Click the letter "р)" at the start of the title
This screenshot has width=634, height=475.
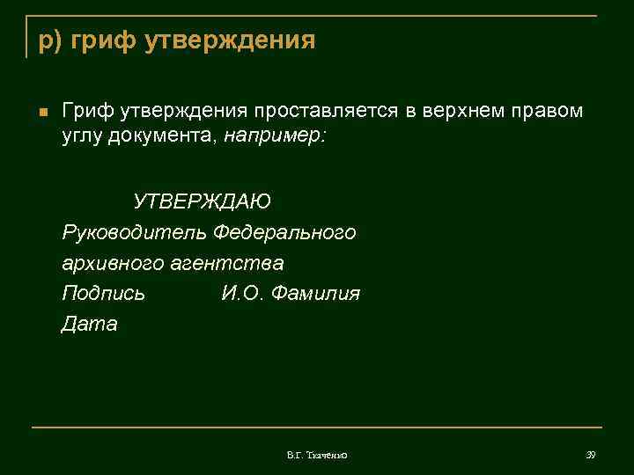coord(48,40)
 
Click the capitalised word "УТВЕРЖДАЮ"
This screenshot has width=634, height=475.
coord(202,201)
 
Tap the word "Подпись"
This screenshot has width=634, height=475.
coord(103,294)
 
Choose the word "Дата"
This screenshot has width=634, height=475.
coord(89,325)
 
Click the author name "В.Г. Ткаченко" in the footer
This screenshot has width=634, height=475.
coord(317,455)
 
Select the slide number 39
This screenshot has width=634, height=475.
coord(591,455)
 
